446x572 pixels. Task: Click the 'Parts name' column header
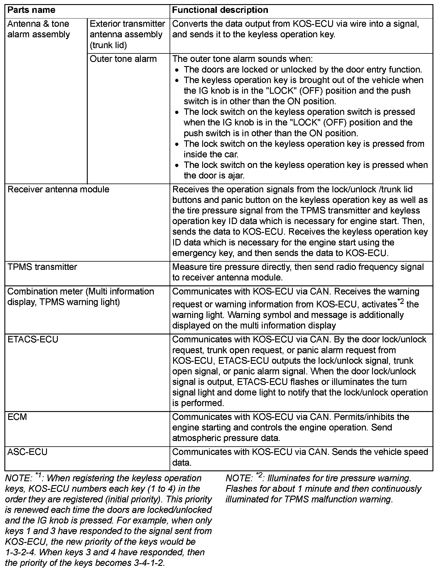[31, 10]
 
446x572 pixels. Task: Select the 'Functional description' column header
[220, 10]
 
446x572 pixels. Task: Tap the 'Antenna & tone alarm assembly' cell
[38, 29]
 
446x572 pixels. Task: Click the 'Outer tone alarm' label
[123, 59]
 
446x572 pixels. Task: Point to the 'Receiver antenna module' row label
[58, 189]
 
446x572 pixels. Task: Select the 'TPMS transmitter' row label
[42, 267]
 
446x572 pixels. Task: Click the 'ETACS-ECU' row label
[33, 339]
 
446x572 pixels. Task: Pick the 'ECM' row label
[17, 417]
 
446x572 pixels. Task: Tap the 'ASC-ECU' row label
[27, 452]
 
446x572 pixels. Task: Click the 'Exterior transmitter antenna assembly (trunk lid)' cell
[127, 34]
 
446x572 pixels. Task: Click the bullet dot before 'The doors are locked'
[177, 70]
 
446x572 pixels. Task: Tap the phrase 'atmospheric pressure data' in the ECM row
[226, 438]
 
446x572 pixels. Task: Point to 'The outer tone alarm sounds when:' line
[242, 59]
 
